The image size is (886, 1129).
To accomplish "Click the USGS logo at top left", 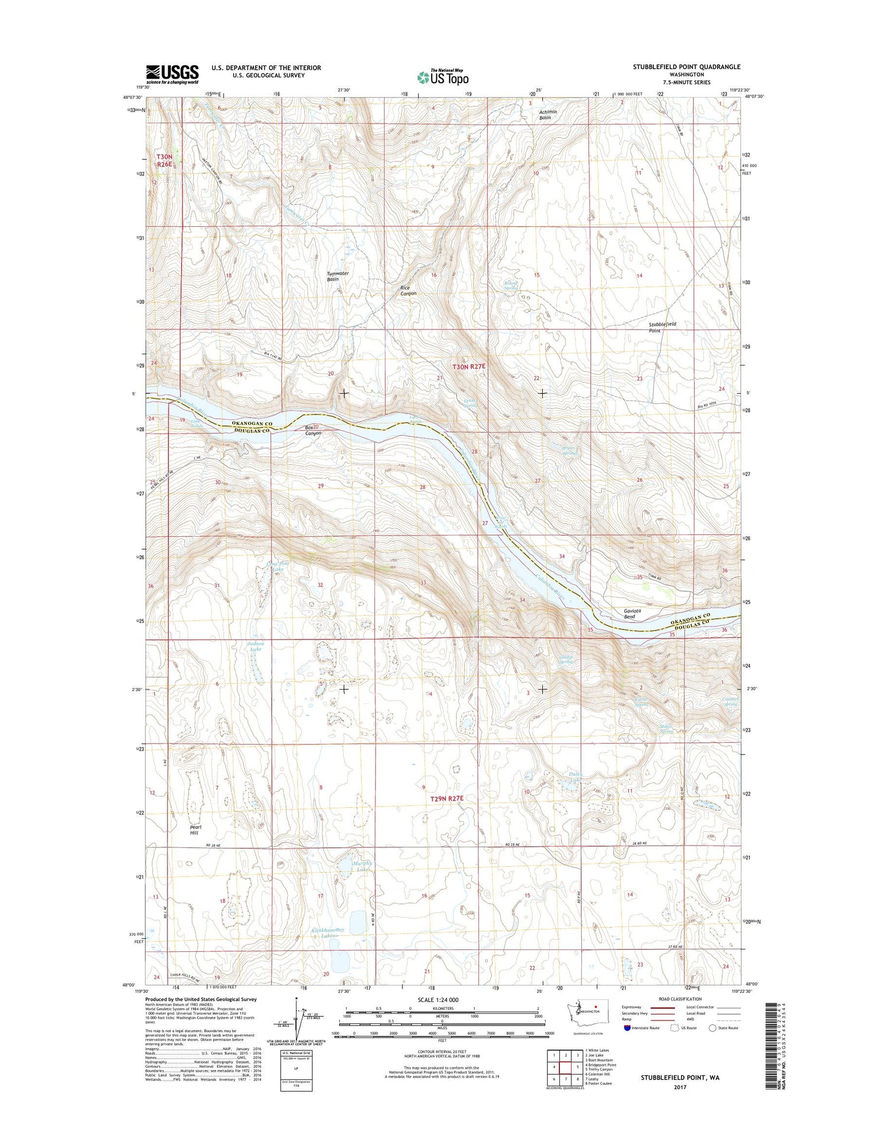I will (172, 74).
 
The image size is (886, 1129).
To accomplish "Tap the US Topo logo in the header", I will (442, 77).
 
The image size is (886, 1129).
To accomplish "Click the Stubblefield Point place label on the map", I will (662, 327).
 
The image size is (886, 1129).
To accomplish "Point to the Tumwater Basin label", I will (337, 276).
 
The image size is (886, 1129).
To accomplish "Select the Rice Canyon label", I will (409, 291).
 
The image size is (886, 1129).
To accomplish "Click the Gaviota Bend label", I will (628, 614).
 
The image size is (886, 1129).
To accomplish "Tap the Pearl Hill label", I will (196, 830).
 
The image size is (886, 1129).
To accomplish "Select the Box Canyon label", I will (312, 430).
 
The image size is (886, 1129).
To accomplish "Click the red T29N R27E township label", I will (447, 798).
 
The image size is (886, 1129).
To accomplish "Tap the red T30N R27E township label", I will (469, 366).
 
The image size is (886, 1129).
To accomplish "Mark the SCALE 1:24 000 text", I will (438, 1000).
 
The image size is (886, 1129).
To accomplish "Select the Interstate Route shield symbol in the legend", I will (627, 1028).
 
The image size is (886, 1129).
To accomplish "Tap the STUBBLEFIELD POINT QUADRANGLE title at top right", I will (686, 67).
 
